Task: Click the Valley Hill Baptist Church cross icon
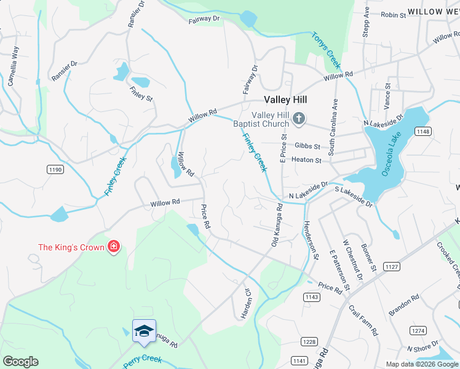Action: (299, 119)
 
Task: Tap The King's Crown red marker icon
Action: (113, 247)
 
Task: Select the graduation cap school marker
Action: (143, 330)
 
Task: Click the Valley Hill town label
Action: (285, 100)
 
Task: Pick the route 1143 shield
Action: (311, 297)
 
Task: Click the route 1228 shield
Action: (309, 341)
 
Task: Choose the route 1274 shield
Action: (418, 330)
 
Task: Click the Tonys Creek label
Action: (326, 50)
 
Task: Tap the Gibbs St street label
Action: (307, 146)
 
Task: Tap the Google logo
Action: (20, 362)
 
